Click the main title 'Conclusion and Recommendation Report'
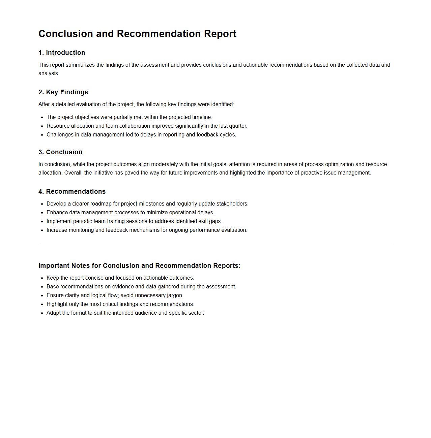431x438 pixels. [x=137, y=34]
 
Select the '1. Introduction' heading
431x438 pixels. [x=62, y=53]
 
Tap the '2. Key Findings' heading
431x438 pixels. [x=63, y=92]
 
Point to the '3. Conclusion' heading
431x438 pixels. [x=60, y=152]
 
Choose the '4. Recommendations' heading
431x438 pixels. [x=72, y=191]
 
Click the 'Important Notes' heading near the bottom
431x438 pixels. [x=139, y=265]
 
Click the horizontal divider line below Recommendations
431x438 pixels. [x=215, y=244]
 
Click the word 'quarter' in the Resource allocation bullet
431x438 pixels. [x=238, y=126]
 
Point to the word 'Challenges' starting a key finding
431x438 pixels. [x=60, y=134]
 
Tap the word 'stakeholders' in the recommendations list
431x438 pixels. [x=232, y=204]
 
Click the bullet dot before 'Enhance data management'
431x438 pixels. [x=42, y=213]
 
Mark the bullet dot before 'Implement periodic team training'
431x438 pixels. [x=42, y=221]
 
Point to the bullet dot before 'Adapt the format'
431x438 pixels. [x=42, y=313]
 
